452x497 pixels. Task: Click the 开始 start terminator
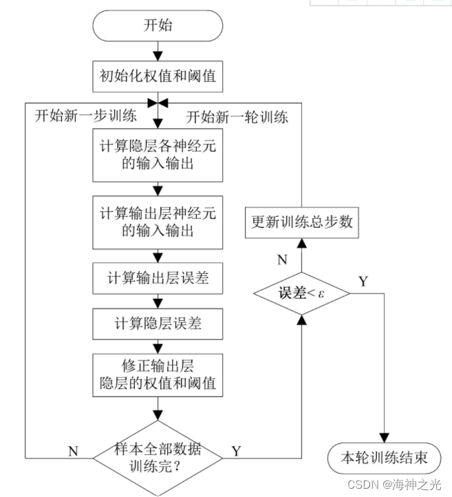(158, 26)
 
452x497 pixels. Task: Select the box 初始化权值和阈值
(158, 76)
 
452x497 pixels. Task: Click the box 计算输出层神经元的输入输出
(158, 222)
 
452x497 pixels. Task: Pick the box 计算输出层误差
(158, 279)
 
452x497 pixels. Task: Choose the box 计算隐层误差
(158, 321)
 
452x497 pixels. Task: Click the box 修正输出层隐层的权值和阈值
(158, 374)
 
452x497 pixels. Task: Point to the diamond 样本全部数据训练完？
(158, 457)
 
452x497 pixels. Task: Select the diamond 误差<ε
(301, 293)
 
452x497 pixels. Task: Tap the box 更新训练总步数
(301, 222)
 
